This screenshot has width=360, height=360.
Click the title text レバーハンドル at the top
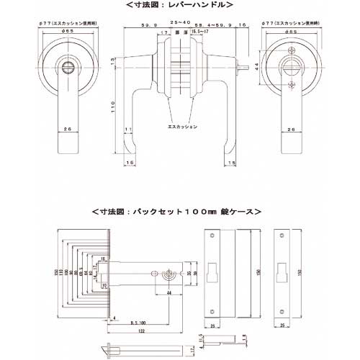pyautogui.click(x=180, y=5)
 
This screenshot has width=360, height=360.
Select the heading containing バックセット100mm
pyautogui.click(x=176, y=212)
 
